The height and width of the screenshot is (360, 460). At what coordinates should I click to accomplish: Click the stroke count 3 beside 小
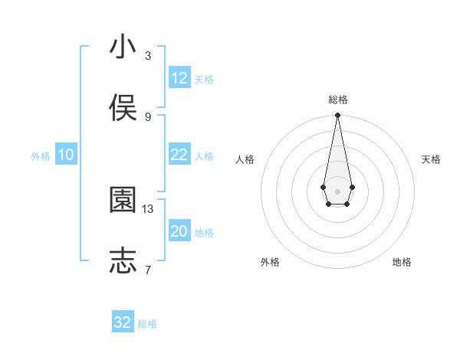click(148, 56)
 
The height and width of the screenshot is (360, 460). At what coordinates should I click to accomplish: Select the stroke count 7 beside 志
click(148, 270)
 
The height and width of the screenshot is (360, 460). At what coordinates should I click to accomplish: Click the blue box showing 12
click(179, 78)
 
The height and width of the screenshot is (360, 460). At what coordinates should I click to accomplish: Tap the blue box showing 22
click(179, 155)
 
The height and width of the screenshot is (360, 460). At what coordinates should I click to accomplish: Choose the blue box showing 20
click(179, 231)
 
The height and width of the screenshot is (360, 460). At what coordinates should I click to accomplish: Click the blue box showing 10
click(66, 155)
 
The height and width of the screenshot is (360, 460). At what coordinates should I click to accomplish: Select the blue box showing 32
click(123, 322)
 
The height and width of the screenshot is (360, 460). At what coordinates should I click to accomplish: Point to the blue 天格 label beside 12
click(204, 80)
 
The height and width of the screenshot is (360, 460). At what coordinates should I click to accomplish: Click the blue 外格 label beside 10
click(41, 156)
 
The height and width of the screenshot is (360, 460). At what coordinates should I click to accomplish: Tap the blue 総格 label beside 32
click(147, 324)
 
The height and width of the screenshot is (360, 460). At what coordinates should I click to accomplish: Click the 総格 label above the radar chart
click(337, 100)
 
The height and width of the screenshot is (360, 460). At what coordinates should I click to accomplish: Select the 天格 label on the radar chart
click(432, 159)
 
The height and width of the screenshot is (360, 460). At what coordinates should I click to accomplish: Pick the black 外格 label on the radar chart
click(270, 262)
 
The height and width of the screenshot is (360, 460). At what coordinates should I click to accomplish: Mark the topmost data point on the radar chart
click(337, 116)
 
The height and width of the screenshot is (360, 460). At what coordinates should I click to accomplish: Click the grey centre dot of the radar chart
click(337, 190)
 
